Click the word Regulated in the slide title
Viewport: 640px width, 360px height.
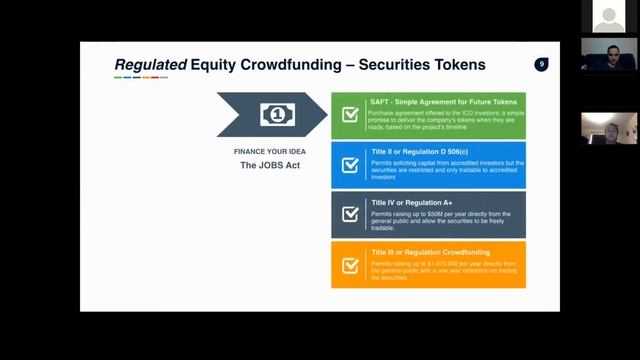[x=151, y=65]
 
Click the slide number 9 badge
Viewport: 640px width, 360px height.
[x=541, y=64]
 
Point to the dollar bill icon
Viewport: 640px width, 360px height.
[x=277, y=114]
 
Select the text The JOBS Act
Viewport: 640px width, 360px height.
[x=270, y=165]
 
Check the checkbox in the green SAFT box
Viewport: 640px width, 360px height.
[x=350, y=115]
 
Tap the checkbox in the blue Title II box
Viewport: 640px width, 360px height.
[x=350, y=165]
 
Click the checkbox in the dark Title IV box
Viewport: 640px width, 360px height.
[x=350, y=214]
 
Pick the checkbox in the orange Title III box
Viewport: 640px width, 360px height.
[x=350, y=265]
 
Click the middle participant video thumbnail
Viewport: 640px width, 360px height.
[x=608, y=56]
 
